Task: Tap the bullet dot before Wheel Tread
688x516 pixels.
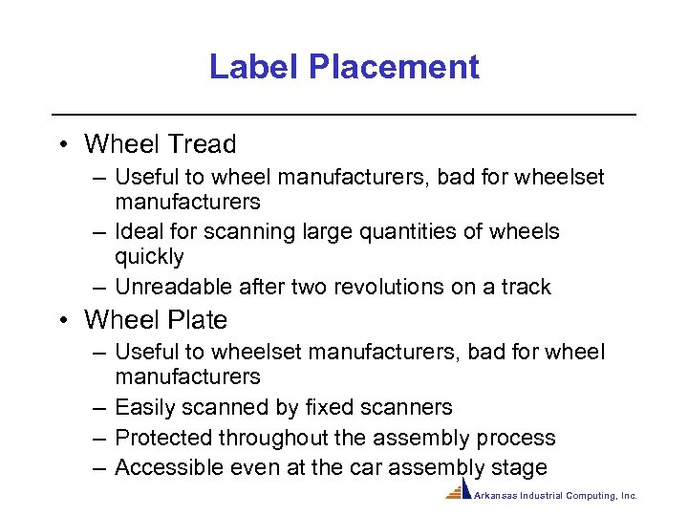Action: (x=60, y=144)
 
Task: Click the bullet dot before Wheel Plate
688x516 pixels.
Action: (x=60, y=319)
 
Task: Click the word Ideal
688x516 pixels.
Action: (x=138, y=231)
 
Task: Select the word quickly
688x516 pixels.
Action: (x=149, y=257)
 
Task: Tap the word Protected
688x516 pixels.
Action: (x=163, y=438)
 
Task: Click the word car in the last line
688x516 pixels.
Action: (x=380, y=467)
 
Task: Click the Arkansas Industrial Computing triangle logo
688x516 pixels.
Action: (x=458, y=491)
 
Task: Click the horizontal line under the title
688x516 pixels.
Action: (x=344, y=115)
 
